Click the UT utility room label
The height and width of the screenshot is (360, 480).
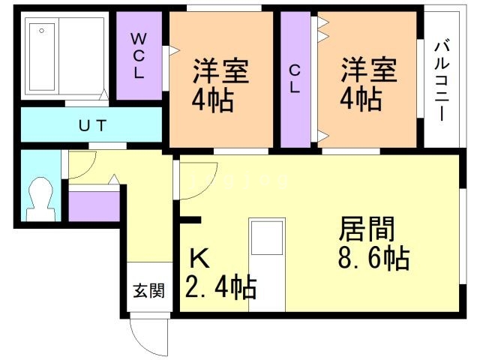coord(91,124)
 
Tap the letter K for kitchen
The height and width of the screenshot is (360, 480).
coord(199,259)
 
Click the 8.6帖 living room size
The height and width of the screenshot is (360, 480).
coord(372,259)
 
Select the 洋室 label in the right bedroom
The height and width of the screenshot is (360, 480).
coord(368,71)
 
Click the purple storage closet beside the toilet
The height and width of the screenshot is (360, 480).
coord(94,207)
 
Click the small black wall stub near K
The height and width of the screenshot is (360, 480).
coord(190,220)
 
